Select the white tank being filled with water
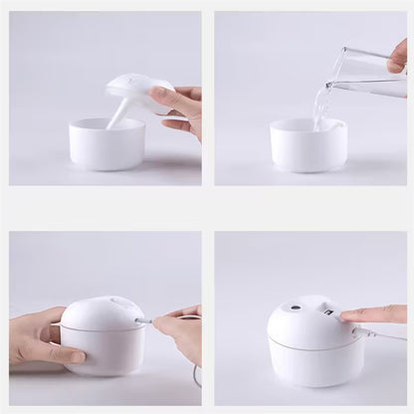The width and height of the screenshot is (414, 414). (308, 147)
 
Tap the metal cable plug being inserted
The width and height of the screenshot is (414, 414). (146, 321)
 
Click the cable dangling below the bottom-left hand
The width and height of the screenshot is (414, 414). (196, 376)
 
